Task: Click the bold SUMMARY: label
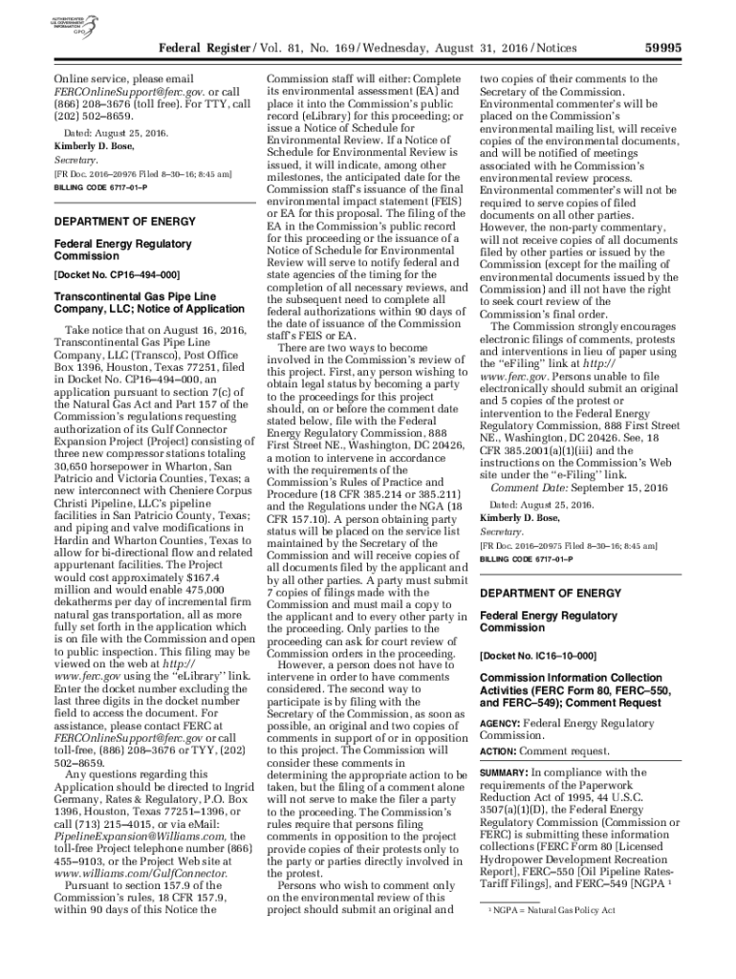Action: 504,772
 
